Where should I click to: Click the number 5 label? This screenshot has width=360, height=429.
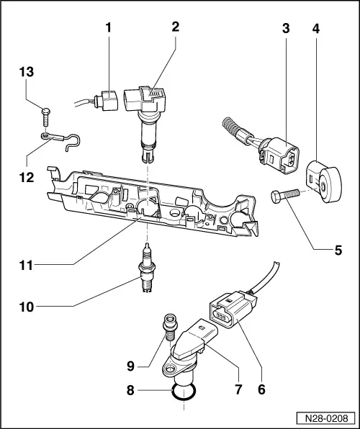[x=336, y=251]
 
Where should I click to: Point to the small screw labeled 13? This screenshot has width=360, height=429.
[x=45, y=112]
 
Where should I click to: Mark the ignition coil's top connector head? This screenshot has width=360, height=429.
[x=147, y=100]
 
